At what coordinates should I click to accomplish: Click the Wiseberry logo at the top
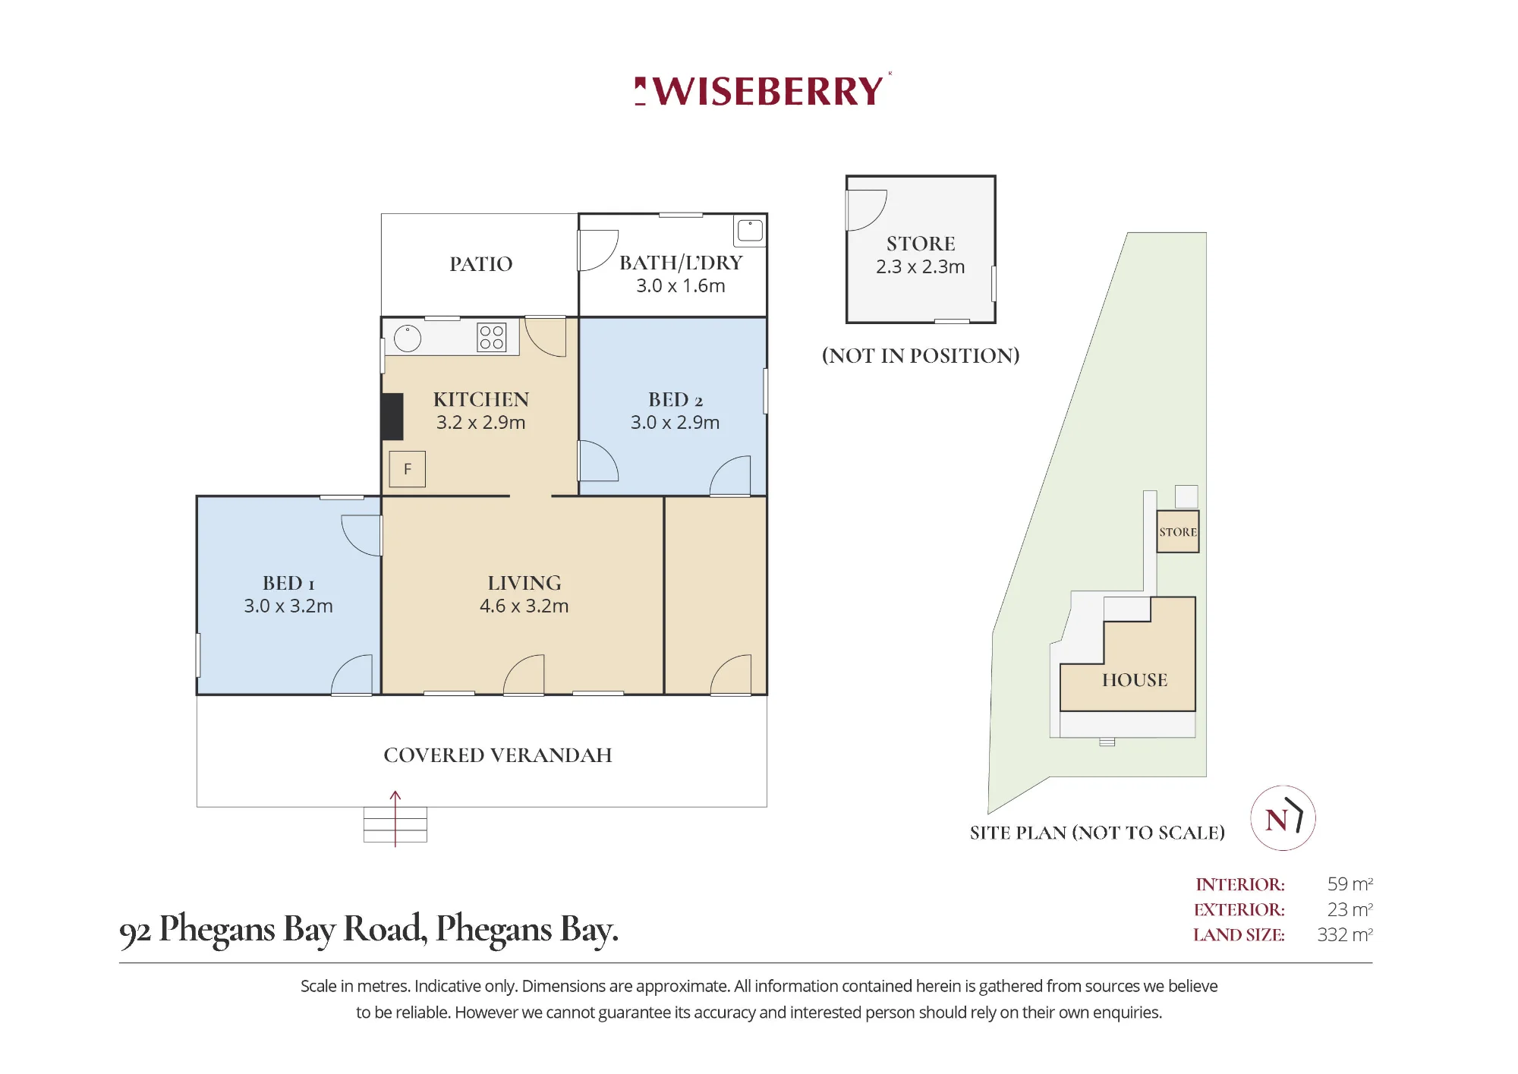761,90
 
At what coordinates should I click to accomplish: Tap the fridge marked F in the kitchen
408,469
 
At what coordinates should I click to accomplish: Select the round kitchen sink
408,339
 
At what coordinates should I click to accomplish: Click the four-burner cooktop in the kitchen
491,337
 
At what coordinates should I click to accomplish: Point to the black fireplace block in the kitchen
392,417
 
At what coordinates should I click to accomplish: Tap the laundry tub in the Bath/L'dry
750,230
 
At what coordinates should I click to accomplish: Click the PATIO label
481,264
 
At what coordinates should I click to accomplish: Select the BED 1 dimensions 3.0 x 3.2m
288,606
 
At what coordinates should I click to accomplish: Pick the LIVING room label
524,583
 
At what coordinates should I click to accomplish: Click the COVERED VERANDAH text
498,755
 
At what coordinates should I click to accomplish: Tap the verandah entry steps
395,824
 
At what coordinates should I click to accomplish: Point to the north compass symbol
1283,818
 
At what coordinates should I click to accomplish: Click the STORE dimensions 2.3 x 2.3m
921,266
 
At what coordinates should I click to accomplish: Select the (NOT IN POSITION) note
921,355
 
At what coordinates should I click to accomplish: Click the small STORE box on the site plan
1178,531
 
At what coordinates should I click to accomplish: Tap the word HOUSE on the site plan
1135,680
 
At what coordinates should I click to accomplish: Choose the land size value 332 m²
1345,934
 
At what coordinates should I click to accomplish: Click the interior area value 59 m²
1350,884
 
